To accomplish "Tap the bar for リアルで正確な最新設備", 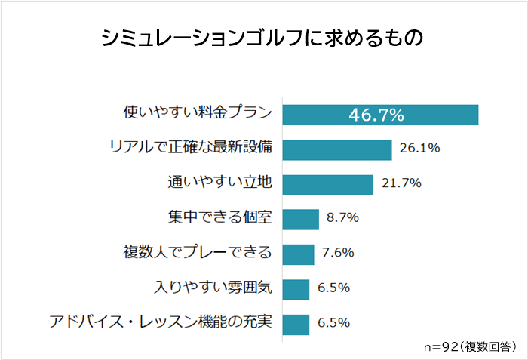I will [336, 149].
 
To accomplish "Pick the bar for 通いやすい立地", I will [327, 184].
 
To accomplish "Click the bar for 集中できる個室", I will [300, 219].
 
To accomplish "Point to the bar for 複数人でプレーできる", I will [298, 254].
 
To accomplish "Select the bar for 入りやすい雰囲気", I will [296, 288].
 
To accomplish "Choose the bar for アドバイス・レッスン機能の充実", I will [296, 323].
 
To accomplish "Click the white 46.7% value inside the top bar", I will [376, 115].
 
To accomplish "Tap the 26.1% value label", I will [420, 149].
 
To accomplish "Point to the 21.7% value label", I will [402, 183].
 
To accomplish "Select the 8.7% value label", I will [342, 218].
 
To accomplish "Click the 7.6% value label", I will [338, 253].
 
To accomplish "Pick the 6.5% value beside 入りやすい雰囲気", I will [333, 288].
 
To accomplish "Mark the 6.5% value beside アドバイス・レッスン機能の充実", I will [333, 322].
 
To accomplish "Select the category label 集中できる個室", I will [219, 218].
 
